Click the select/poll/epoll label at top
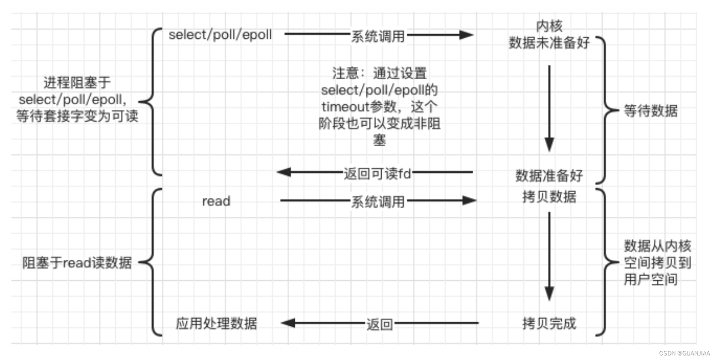(x=220, y=35)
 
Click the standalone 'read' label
(x=216, y=201)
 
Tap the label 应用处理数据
(x=216, y=323)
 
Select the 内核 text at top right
(x=549, y=26)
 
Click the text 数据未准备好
(x=549, y=43)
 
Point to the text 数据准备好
(x=549, y=175)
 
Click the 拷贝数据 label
(x=549, y=196)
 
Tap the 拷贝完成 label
(x=549, y=323)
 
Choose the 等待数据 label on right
(x=650, y=110)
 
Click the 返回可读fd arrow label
(x=377, y=173)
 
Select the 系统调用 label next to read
(x=378, y=201)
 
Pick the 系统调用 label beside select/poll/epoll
(x=378, y=36)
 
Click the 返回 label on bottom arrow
(x=379, y=324)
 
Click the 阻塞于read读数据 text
(x=77, y=262)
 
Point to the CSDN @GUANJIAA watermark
(x=684, y=353)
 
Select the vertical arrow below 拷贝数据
(x=549, y=255)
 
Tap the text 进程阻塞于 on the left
(x=77, y=82)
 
